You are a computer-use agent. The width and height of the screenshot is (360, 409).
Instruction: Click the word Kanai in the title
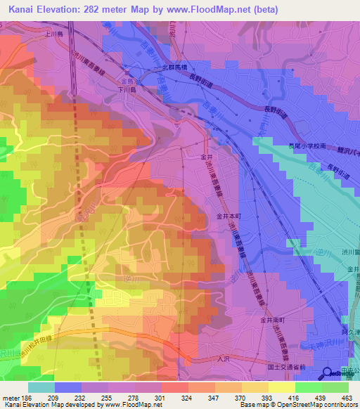[x=25, y=9]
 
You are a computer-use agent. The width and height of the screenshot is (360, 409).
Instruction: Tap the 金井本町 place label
[x=229, y=216]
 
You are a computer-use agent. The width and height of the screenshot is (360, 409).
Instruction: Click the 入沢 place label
[x=221, y=360]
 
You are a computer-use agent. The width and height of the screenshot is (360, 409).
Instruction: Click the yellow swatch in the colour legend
[x=282, y=387]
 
